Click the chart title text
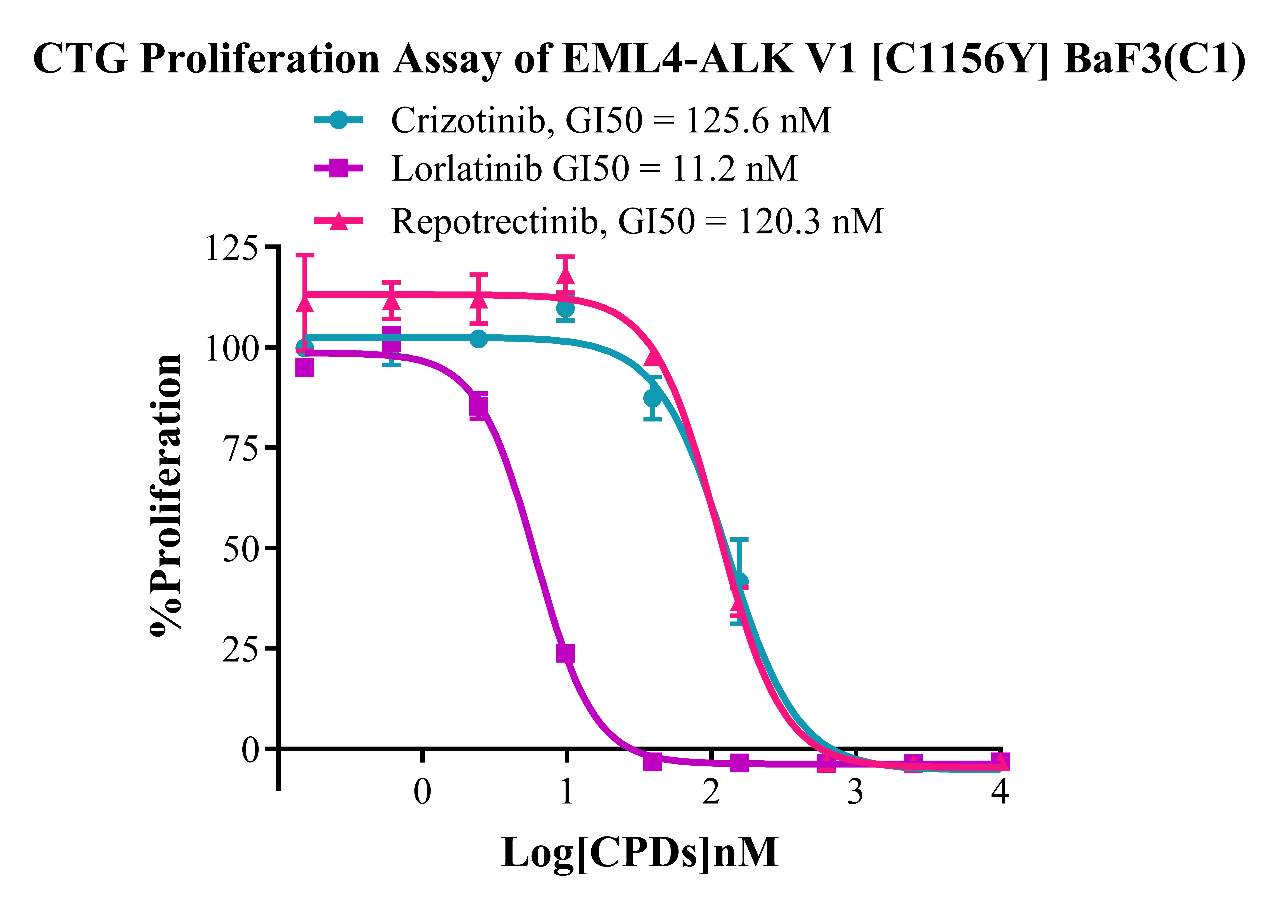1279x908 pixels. pyautogui.click(x=639, y=59)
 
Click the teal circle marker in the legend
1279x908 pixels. pyautogui.click(x=338, y=120)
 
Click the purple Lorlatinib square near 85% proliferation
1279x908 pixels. pyautogui.click(x=479, y=406)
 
